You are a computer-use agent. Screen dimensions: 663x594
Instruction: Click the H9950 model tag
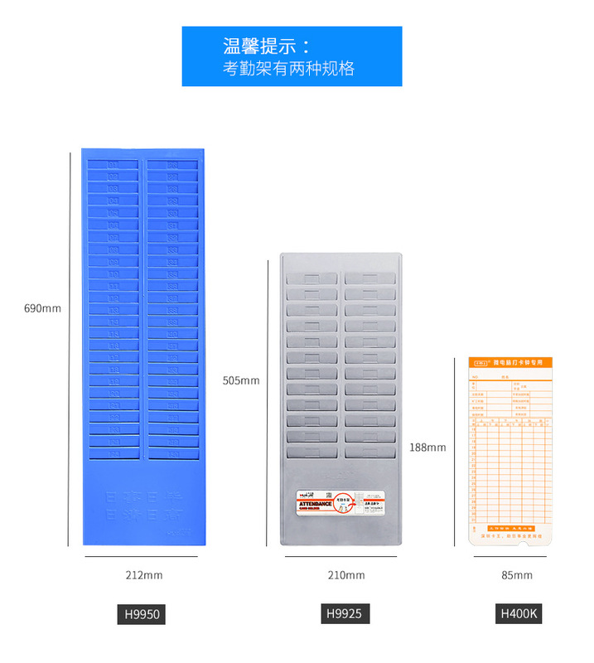[141, 614]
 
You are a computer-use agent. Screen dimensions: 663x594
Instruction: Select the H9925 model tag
[344, 614]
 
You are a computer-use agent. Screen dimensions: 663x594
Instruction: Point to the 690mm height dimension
[42, 308]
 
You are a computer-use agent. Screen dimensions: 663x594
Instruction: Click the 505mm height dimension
[241, 380]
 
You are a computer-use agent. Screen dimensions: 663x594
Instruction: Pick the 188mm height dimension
[427, 448]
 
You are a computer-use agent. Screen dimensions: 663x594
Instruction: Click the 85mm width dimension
[517, 575]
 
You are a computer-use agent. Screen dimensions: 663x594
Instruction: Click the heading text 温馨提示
[267, 46]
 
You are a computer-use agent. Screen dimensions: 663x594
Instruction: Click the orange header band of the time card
[510, 363]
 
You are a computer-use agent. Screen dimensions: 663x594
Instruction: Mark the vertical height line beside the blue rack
[69, 348]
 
